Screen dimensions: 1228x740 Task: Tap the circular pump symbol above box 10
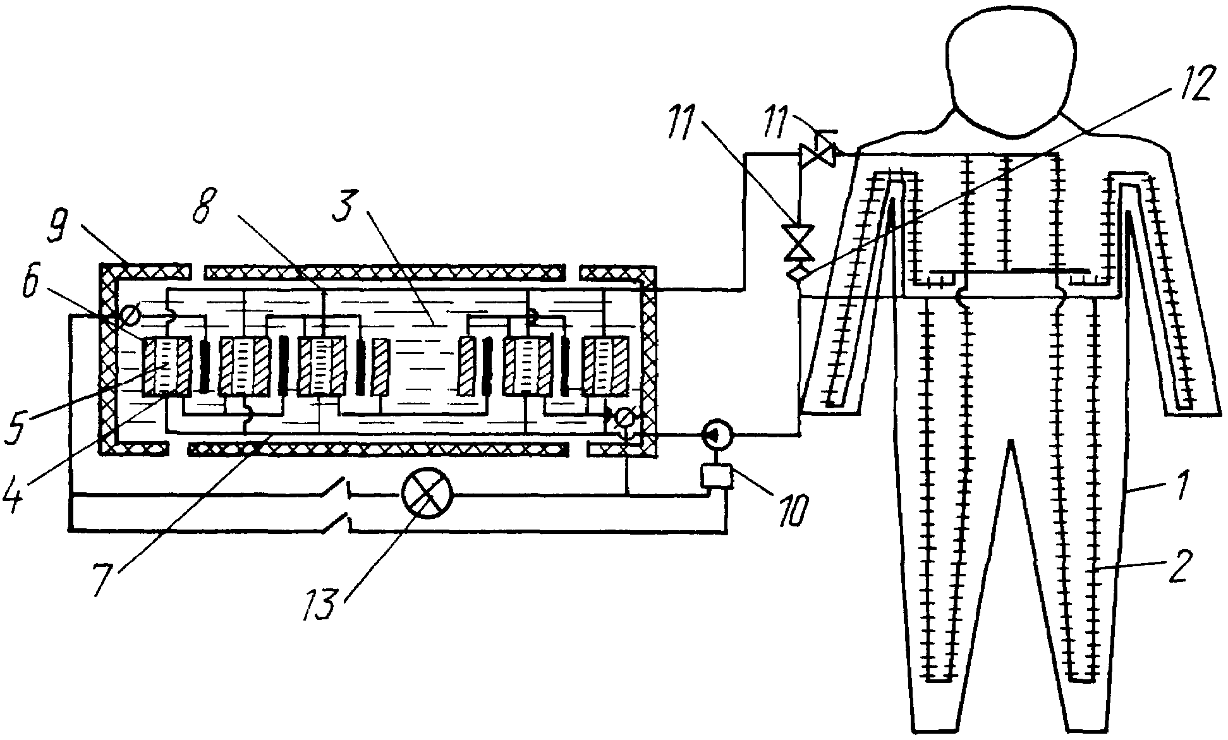click(x=717, y=434)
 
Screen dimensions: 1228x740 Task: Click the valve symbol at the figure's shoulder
click(x=818, y=154)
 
